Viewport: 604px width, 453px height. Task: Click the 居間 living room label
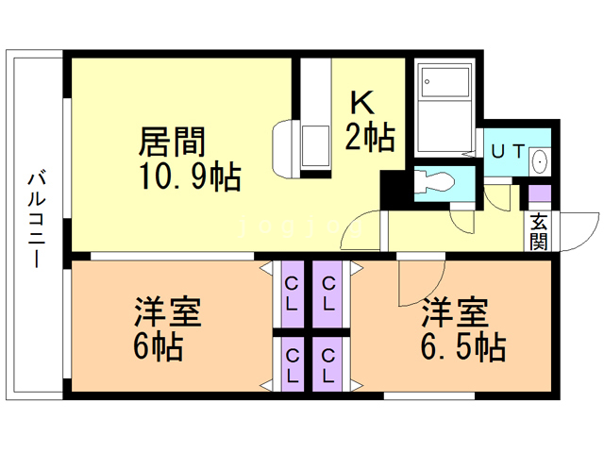(172, 142)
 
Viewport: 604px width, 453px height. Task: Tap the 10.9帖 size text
(191, 176)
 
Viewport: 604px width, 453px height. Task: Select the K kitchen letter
(362, 103)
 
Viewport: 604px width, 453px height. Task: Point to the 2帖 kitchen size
(370, 137)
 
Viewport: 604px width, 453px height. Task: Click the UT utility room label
(509, 151)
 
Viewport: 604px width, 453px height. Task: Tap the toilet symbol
(434, 182)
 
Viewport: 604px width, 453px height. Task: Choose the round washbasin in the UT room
(539, 161)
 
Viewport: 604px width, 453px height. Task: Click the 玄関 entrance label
(539, 231)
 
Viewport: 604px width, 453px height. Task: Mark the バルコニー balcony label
(37, 220)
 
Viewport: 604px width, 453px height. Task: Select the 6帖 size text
(159, 345)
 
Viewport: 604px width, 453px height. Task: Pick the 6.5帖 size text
(463, 346)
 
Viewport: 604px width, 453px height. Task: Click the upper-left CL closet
(292, 294)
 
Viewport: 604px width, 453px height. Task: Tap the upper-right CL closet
(328, 294)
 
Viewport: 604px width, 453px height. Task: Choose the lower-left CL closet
(293, 365)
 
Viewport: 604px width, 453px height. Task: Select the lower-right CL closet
(327, 365)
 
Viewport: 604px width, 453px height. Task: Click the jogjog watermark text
(300, 226)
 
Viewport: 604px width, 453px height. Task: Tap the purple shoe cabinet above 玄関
(539, 193)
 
